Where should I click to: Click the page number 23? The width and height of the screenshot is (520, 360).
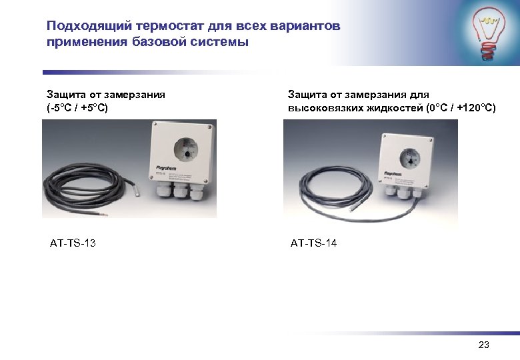coord(484,345)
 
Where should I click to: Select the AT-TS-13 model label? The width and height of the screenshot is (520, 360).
coord(73,243)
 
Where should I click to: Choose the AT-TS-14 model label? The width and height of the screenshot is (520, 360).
coord(313,243)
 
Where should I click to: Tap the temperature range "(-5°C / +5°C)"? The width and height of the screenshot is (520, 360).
coord(77,107)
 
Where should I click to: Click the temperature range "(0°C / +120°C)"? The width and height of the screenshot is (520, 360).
coord(460,107)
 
